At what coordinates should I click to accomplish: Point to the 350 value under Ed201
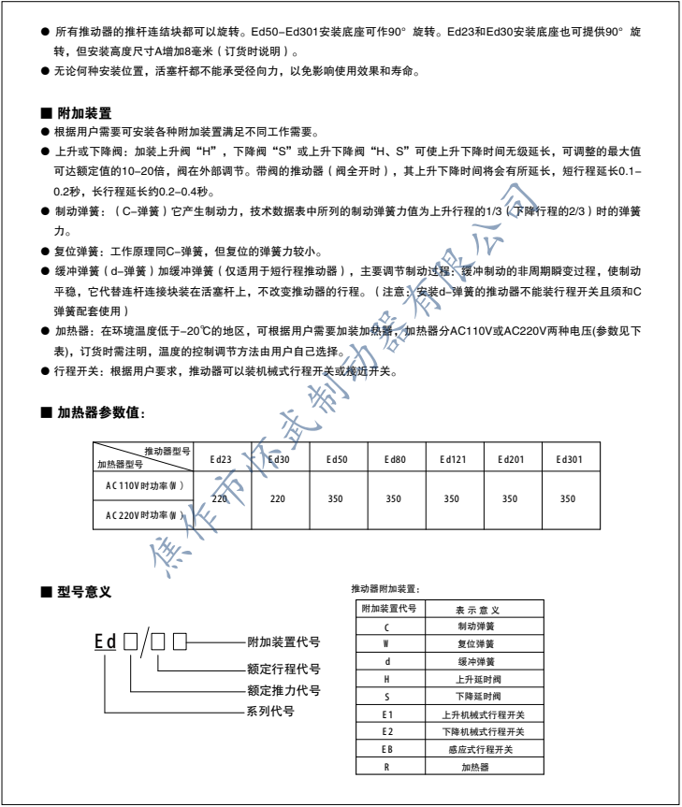coord(509,499)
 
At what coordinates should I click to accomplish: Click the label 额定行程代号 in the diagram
coord(283,669)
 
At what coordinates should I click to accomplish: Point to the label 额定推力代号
coord(283,690)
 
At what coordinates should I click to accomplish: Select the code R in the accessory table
coord(386,766)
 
